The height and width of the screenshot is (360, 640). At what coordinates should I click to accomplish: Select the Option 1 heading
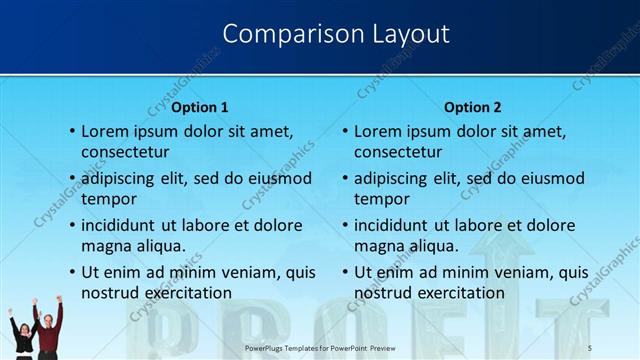[200, 107]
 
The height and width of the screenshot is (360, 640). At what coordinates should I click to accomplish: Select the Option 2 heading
[473, 107]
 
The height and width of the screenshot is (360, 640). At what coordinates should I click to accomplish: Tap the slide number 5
[590, 347]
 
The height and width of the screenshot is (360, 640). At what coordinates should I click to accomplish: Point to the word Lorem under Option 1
[106, 130]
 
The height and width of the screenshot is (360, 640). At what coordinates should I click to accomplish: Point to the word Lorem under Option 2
[379, 130]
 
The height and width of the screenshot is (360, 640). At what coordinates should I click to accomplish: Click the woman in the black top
[21, 335]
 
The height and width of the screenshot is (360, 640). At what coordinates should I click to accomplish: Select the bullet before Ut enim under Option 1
[71, 271]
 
